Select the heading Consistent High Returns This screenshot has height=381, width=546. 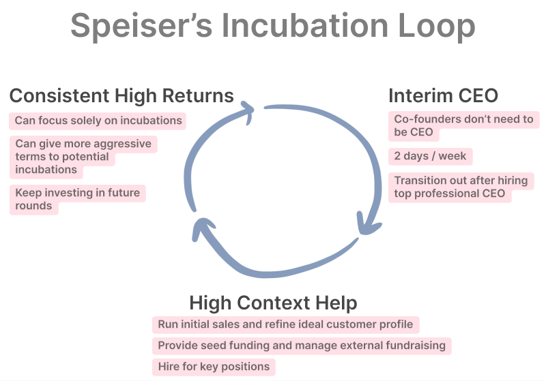click(x=121, y=95)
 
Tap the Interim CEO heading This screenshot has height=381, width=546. click(x=443, y=95)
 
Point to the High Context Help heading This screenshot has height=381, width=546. click(x=273, y=302)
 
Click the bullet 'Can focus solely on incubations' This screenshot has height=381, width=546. click(x=98, y=121)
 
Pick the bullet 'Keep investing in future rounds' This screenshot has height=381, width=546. click(x=77, y=199)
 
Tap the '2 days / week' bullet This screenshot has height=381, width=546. click(x=430, y=156)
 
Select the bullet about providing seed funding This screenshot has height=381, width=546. click(x=301, y=346)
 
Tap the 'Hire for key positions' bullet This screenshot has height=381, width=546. click(x=214, y=367)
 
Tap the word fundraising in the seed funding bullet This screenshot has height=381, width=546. click(x=412, y=346)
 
